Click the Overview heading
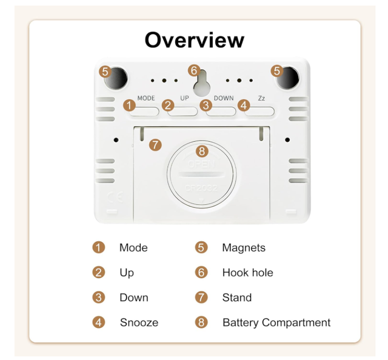coord(195,40)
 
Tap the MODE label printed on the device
coord(146,98)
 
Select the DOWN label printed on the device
coord(224,98)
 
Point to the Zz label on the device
coord(261,98)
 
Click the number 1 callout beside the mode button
coord(129,105)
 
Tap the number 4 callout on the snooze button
coord(244,105)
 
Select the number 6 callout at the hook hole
coord(194,70)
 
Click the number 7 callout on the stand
coord(155,145)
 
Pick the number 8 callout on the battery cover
coord(202,151)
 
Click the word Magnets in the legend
coord(244,248)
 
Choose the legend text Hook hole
coord(248,273)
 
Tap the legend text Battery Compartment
coord(276,322)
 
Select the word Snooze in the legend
coord(139,322)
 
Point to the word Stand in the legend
coord(237,298)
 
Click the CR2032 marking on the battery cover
coord(201,188)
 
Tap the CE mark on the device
coord(115,197)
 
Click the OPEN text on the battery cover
coord(201,164)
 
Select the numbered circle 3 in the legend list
coord(99,298)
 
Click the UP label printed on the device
coord(184,98)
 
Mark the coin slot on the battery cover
coord(202,175)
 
